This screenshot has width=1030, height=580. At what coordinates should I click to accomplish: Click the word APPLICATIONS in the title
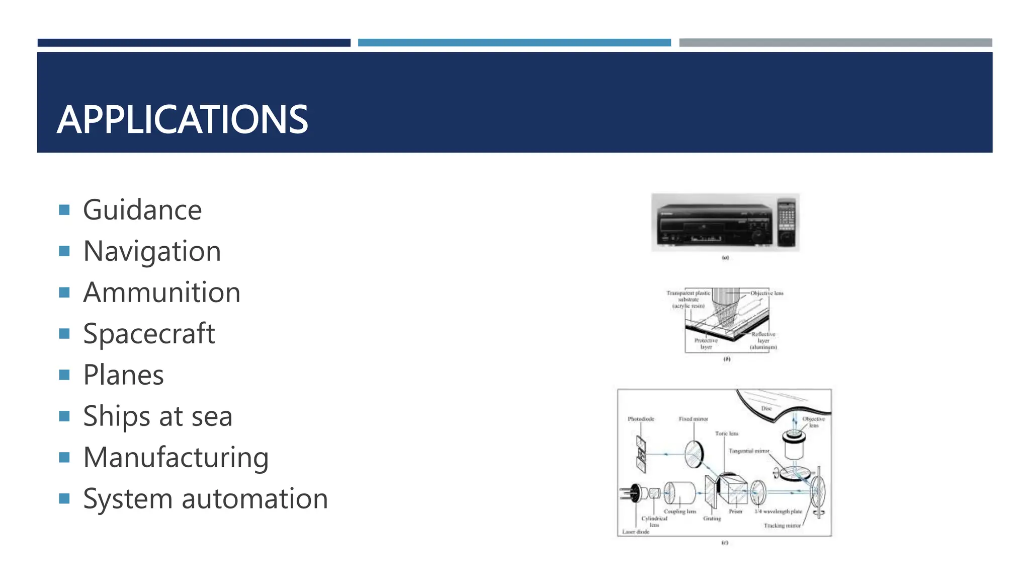click(182, 119)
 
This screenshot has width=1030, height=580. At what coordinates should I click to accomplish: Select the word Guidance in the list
click(142, 210)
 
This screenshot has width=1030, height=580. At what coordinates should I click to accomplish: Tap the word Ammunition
click(161, 293)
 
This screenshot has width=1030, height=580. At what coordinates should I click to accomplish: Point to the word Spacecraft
click(149, 334)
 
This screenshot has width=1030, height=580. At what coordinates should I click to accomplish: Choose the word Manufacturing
click(176, 458)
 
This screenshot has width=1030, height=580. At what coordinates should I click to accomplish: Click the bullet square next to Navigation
click(64, 251)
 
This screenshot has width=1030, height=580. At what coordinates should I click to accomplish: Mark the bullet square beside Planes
click(64, 375)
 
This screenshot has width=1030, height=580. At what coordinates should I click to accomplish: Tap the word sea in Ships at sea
click(212, 416)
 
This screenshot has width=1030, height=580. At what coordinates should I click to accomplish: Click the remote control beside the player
click(787, 222)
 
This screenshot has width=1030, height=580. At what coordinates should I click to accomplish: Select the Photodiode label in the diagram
click(641, 419)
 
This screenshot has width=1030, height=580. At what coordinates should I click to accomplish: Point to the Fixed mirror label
click(693, 419)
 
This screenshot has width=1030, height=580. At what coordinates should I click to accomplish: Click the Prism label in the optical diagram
click(736, 512)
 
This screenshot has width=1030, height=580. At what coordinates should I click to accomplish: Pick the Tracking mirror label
click(782, 526)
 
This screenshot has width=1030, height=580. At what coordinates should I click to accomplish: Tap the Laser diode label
click(636, 532)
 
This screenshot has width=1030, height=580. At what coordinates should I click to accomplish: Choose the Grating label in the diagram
click(712, 519)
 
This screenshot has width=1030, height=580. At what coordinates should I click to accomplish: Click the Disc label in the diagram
click(766, 408)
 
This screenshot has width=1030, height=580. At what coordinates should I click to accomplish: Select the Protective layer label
click(706, 344)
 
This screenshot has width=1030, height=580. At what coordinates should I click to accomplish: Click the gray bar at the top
click(835, 43)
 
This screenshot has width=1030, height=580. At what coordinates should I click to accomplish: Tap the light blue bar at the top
click(514, 43)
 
